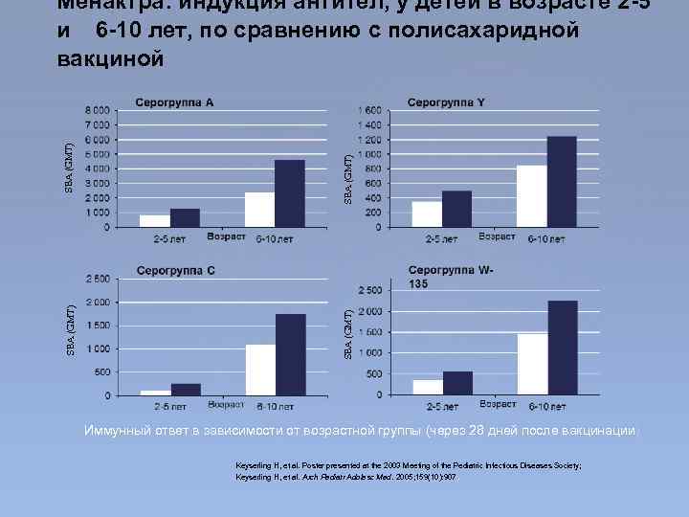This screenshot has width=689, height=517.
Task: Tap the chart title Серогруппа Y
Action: coord(446,102)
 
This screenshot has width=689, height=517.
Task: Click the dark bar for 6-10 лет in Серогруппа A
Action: coord(289,193)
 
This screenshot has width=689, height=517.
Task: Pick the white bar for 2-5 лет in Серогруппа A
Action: coord(155,221)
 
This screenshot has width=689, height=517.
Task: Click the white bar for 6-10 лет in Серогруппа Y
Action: coord(531,196)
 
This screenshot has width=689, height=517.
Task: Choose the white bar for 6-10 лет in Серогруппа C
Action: coord(260,370)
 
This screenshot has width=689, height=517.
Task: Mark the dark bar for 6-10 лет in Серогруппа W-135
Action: coord(562,348)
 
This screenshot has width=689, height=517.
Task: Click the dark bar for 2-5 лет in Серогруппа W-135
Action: coord(457,383)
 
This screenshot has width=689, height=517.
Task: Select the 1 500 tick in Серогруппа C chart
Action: coord(98,326)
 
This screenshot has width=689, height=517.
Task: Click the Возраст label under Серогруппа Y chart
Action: coord(497,236)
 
